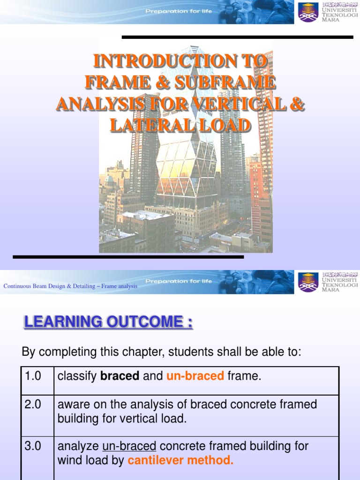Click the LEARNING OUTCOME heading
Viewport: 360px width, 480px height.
[x=108, y=322]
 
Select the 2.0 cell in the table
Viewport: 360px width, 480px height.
[x=33, y=405]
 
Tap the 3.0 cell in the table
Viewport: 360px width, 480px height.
[x=33, y=446]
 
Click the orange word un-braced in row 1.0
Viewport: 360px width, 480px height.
[x=195, y=376]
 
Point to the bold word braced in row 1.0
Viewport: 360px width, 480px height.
[x=120, y=376]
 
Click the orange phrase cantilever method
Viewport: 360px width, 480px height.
[x=180, y=461]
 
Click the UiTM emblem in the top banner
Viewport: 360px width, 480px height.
[x=308, y=12]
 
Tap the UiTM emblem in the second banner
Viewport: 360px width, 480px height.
[x=308, y=282]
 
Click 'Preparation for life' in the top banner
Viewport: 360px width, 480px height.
[x=179, y=11]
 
